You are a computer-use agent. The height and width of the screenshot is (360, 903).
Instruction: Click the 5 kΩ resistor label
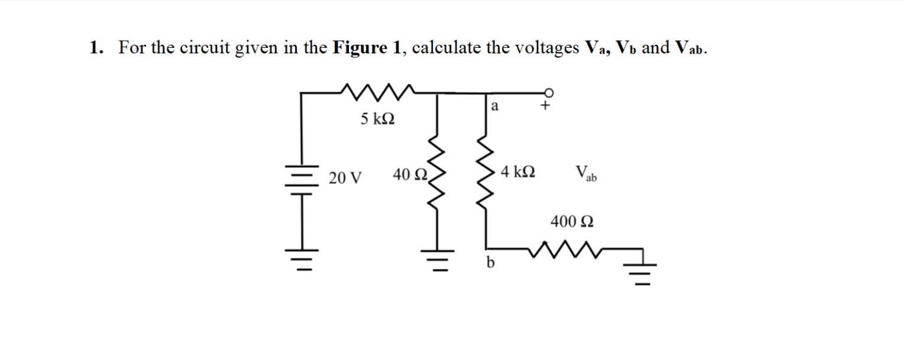coord(378,119)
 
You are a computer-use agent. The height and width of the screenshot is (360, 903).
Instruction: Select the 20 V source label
coord(346,177)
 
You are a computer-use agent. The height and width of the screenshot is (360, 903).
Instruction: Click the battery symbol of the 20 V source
coord(303,177)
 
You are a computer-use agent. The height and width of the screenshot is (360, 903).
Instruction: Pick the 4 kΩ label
coord(518,173)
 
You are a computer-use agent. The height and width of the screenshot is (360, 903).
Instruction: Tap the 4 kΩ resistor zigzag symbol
coord(486,176)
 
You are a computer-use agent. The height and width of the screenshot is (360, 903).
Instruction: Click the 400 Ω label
coord(572,222)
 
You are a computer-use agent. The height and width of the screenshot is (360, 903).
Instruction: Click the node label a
coord(496,107)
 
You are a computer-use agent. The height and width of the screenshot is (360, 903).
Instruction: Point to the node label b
coord(490,262)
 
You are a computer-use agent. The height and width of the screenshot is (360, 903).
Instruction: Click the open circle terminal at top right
coord(549,92)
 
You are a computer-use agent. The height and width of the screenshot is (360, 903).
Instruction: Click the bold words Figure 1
coord(367,48)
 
